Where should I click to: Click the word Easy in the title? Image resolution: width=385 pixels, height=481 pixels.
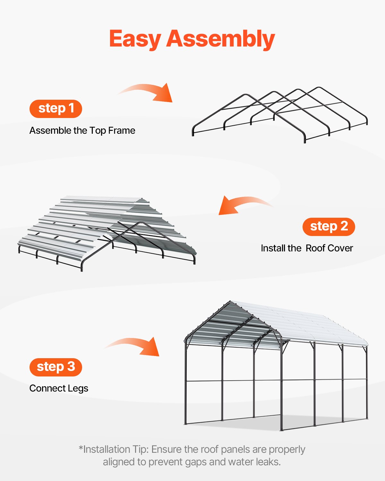[x=135, y=39]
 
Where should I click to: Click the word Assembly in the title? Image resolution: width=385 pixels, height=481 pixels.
[x=220, y=39]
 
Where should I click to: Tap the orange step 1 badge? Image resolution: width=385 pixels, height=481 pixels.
[x=56, y=109]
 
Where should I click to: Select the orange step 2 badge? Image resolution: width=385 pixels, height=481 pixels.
[x=329, y=227]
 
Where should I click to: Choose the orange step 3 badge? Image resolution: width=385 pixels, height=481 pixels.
[x=56, y=367]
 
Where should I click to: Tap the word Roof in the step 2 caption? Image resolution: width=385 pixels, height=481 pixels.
[x=315, y=248]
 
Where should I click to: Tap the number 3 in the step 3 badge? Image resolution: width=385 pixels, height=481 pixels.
[x=71, y=367]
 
